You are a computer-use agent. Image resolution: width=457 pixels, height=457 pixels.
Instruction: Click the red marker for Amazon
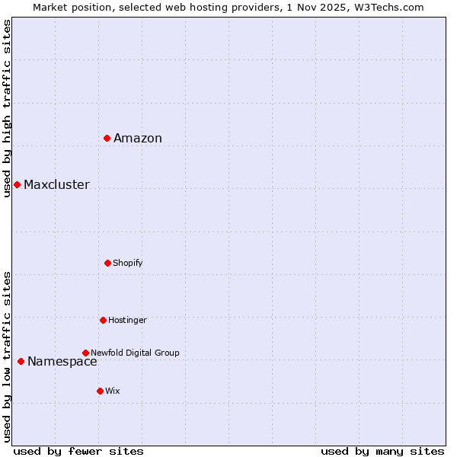tap(107, 138)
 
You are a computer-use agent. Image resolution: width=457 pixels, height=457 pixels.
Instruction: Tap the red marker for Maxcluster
tap(17, 184)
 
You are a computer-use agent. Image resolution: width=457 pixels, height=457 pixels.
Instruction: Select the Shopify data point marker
tap(107, 263)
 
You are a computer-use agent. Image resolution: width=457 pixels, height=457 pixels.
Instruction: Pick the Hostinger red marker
tap(103, 320)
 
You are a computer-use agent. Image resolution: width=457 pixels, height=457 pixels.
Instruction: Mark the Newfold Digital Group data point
tap(85, 353)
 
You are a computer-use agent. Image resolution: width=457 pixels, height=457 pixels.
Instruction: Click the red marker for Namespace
tap(21, 361)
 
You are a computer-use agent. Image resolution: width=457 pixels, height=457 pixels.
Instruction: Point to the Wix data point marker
tap(100, 391)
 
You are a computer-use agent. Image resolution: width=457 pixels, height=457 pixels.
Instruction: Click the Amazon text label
tap(138, 138)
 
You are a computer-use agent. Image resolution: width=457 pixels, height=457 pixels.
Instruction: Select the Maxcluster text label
tap(56, 184)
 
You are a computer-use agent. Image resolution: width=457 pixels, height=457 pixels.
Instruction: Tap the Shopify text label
tap(128, 263)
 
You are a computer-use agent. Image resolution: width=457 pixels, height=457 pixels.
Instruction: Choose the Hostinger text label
tap(127, 320)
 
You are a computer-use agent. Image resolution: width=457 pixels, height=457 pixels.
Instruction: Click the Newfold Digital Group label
tap(135, 353)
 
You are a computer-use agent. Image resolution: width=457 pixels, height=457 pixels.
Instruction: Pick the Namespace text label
tap(62, 362)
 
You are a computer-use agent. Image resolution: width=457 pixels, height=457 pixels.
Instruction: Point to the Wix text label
tap(113, 391)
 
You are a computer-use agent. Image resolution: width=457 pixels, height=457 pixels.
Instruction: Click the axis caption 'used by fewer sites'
tap(78, 451)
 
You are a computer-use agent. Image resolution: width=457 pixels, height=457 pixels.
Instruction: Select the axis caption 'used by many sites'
tap(382, 451)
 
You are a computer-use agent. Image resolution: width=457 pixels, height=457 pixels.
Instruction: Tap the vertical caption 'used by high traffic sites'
tap(7, 108)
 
